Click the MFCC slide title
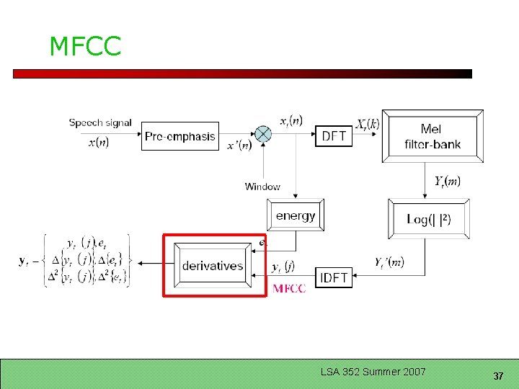85,47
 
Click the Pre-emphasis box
180,136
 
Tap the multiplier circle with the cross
264,134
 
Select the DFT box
333,136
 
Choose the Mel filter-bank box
432,136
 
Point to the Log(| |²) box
428,219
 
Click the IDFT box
333,277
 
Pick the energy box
296,215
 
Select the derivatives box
213,266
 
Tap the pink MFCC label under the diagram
289,289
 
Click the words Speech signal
100,122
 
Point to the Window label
262,187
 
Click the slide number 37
497,376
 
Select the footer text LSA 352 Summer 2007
373,372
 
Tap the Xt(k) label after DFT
368,124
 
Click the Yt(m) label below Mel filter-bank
447,181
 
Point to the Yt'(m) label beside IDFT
390,262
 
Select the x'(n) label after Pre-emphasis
239,146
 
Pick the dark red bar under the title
242,73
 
